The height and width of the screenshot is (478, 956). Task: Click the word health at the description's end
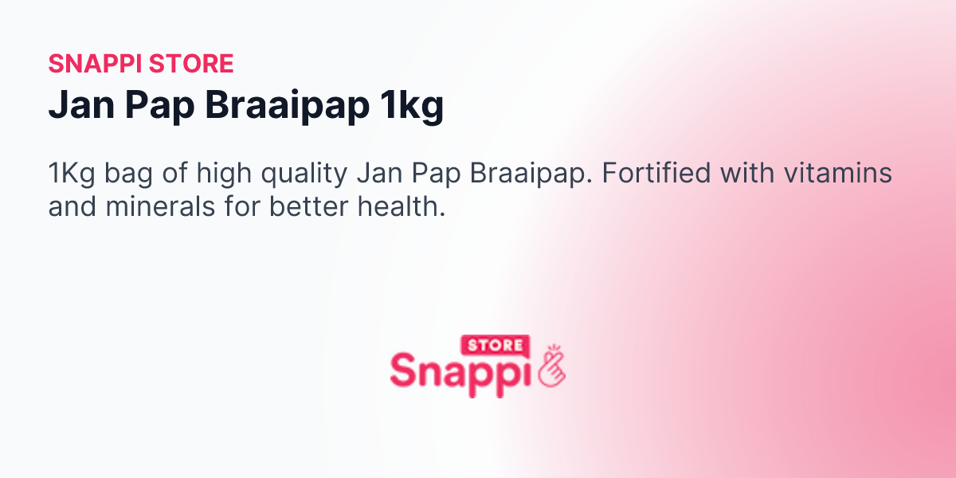click(x=402, y=208)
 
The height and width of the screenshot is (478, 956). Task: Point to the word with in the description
click(x=746, y=174)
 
